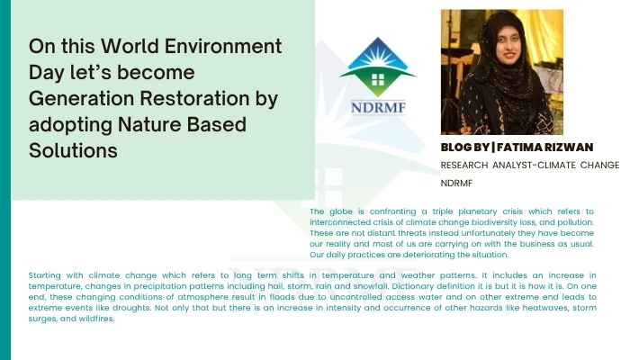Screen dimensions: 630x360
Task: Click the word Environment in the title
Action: [x=223, y=46]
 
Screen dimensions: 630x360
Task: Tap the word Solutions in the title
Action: [x=73, y=150]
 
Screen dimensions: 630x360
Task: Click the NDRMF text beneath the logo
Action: [x=378, y=108]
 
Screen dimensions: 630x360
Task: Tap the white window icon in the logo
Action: [x=378, y=79]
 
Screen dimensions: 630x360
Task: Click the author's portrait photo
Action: [x=502, y=72]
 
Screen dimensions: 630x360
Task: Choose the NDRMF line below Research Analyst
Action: [x=456, y=184]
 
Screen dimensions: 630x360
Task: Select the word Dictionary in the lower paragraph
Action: [x=412, y=286]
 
